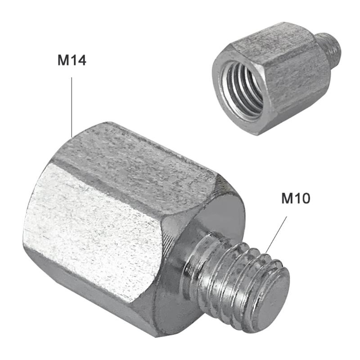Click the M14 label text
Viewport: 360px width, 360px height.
[72, 60]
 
